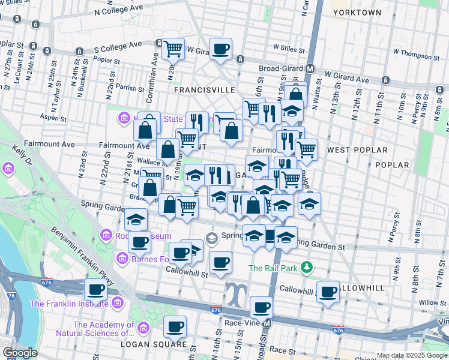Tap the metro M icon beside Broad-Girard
click(310, 68)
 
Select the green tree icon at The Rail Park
click(307, 266)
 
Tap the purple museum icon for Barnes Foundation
click(122, 259)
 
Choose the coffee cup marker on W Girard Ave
click(220, 49)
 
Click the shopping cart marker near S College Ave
click(173, 49)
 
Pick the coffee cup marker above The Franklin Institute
click(96, 290)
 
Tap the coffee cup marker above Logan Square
click(175, 327)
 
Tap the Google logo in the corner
click(20, 353)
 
